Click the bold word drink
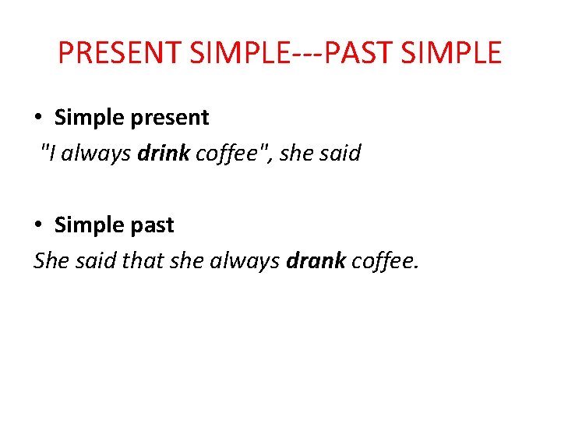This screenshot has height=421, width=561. tap(164, 153)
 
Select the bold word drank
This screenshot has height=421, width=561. tap(316, 260)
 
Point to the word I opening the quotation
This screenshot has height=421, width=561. tap(52, 153)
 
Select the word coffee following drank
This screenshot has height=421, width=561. tap(384, 260)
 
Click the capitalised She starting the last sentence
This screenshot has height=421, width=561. tap(51, 260)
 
